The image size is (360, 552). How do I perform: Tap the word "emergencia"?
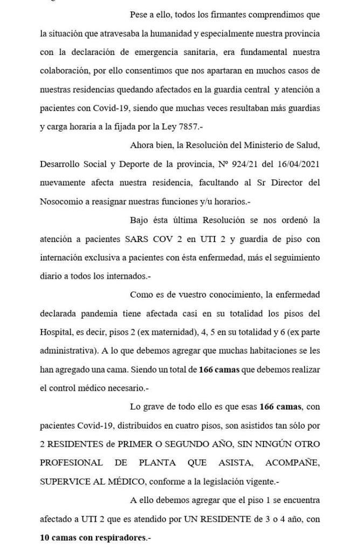pos(141,52)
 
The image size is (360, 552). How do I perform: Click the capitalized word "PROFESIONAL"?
pos(71,463)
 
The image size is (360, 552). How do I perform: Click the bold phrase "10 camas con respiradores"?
pos(94,537)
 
